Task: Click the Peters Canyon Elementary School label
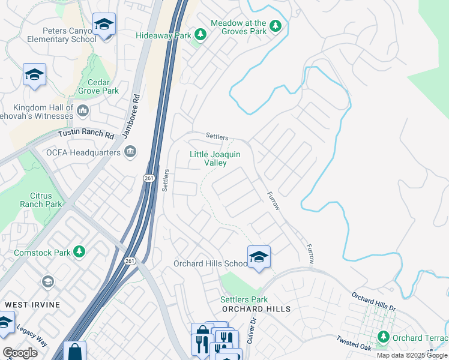52,35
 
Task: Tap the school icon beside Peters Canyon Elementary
104,25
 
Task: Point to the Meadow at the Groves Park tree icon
276,25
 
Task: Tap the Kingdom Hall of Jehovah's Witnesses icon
83,110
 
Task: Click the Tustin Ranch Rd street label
86,136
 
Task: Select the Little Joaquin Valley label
215,158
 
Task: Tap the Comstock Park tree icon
78,250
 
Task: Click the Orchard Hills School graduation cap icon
259,257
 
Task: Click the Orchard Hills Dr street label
374,302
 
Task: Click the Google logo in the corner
20,353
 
